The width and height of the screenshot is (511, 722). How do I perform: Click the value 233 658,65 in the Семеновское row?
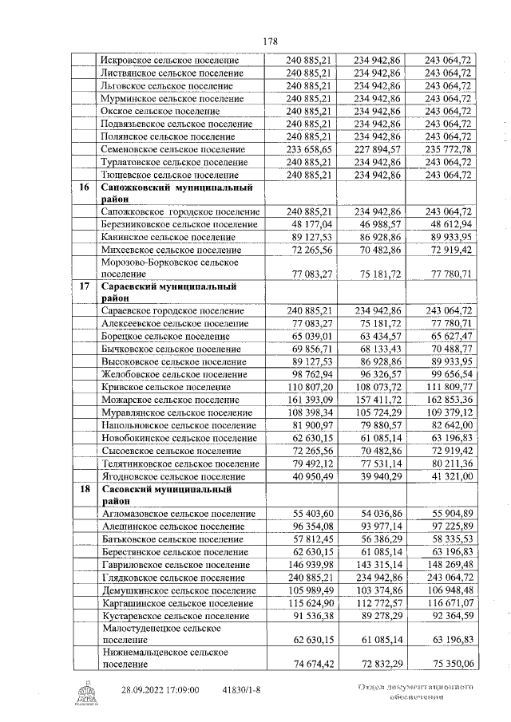313,148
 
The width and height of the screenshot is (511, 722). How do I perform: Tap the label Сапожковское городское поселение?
181,211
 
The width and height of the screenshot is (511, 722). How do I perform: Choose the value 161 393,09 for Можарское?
313,399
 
